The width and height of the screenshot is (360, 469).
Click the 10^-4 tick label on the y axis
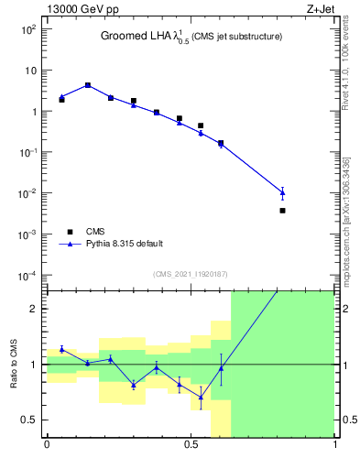coord(29,276)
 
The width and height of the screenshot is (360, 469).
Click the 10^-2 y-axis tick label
coord(29,193)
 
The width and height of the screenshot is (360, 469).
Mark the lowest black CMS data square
coord(282,211)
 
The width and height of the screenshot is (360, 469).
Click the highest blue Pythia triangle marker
coord(88,85)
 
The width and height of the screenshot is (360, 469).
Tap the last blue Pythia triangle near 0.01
coord(282,192)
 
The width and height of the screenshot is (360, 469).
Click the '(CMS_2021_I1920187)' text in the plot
coord(190,274)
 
